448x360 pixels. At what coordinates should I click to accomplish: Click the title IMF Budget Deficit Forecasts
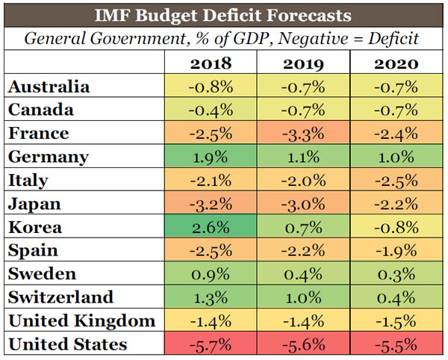click(x=224, y=14)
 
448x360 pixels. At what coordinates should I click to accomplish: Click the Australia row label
click(x=49, y=86)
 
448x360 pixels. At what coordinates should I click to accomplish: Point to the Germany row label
click(x=48, y=157)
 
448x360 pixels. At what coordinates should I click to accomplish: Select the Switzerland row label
click(x=60, y=297)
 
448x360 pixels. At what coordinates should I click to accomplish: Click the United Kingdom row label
click(x=81, y=321)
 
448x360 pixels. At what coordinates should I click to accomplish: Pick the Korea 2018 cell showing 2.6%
click(x=211, y=227)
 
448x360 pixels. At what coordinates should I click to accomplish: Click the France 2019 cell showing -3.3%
click(x=303, y=134)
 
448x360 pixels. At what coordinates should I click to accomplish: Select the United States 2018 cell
click(x=211, y=344)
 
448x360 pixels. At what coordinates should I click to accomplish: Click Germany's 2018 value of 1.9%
click(x=211, y=157)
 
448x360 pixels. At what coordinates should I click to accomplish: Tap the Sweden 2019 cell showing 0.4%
click(x=303, y=274)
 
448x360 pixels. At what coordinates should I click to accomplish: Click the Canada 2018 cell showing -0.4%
click(x=211, y=110)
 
